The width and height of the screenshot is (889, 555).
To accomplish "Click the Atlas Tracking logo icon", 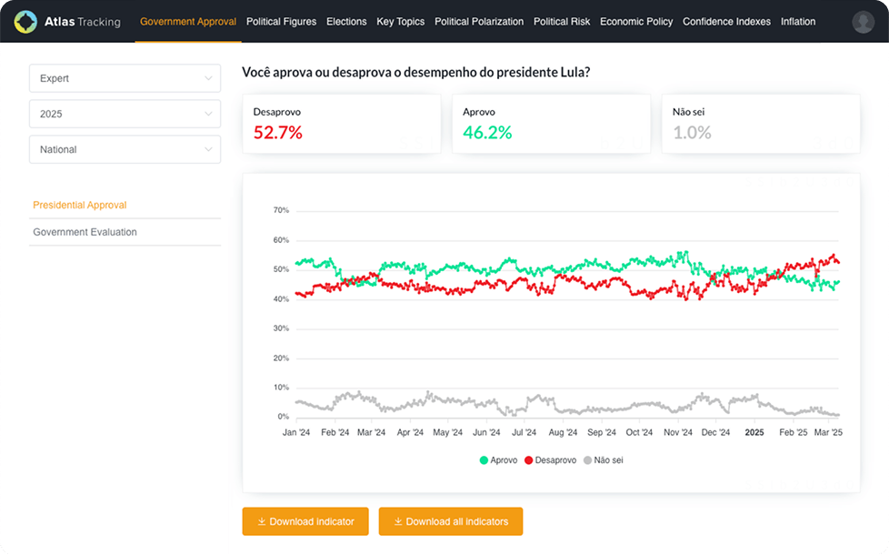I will (25, 22).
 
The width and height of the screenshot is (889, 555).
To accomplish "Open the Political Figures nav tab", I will (280, 22).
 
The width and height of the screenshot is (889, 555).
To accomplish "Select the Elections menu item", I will (345, 22).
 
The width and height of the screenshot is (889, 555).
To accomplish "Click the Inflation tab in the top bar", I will (797, 22).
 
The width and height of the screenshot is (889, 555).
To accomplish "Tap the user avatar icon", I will (863, 23).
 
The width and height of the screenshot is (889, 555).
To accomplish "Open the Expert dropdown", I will (125, 78).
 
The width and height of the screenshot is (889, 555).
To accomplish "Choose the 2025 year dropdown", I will (125, 114).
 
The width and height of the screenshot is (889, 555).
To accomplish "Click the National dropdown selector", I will (125, 149).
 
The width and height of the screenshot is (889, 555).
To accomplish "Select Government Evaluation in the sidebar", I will (85, 232).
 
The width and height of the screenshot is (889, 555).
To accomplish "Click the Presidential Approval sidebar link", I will (80, 206).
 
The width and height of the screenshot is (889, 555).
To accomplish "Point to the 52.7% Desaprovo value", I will (277, 133).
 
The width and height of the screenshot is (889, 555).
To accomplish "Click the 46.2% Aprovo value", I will (487, 133).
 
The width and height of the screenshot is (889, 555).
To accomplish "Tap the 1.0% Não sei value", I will (692, 133).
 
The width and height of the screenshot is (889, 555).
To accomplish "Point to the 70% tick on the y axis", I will (281, 210).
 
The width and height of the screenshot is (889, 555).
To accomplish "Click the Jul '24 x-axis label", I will (523, 433).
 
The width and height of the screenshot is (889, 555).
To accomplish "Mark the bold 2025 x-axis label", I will (754, 433).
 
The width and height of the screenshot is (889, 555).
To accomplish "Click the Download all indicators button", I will (450, 521).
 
